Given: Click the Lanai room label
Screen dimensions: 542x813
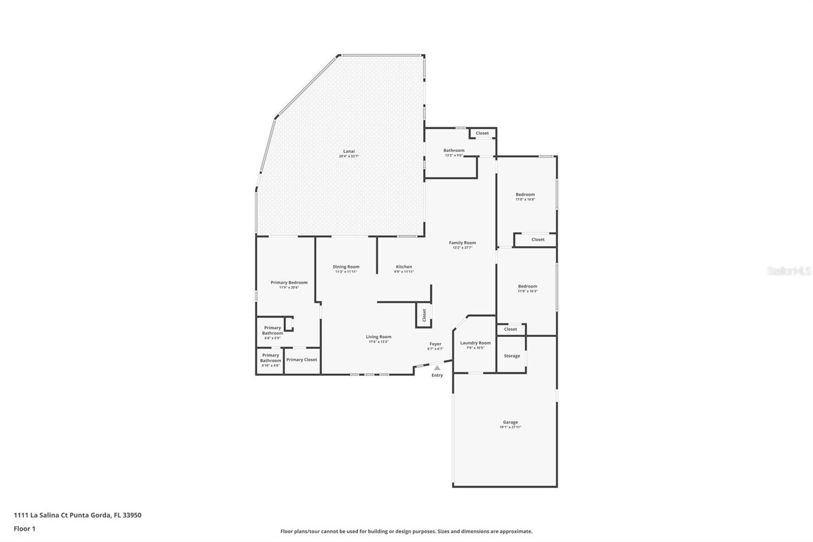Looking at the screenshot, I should click(349, 152).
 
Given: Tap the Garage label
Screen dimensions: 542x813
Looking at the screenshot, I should click(510, 423).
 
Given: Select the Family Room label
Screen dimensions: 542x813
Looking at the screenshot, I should click(462, 243).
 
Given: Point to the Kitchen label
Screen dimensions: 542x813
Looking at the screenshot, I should click(404, 267).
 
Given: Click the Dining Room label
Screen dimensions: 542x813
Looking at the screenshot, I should click(346, 267).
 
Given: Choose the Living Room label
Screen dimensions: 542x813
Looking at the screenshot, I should click(379, 337).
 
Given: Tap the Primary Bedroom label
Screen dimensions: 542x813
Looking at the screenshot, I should click(289, 283).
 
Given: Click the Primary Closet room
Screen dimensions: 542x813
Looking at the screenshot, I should click(301, 360).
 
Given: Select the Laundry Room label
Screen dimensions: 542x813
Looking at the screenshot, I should click(475, 343).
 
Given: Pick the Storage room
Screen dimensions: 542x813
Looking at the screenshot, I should click(512, 356).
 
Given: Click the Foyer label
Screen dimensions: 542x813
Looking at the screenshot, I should click(435, 344).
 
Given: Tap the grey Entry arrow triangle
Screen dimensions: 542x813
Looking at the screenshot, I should click(437, 368).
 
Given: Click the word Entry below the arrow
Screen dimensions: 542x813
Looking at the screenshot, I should click(437, 375).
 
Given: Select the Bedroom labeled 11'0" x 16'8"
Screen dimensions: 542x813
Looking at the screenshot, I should click(525, 195).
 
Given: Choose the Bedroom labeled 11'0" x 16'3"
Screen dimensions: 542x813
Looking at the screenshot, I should click(527, 287).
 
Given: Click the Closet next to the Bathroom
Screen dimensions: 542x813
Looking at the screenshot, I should click(482, 133).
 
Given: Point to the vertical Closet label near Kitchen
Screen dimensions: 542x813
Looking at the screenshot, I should click(424, 315).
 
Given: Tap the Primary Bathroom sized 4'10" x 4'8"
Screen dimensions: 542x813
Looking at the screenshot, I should click(270, 358).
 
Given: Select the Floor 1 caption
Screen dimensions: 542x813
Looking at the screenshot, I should click(24, 529).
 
